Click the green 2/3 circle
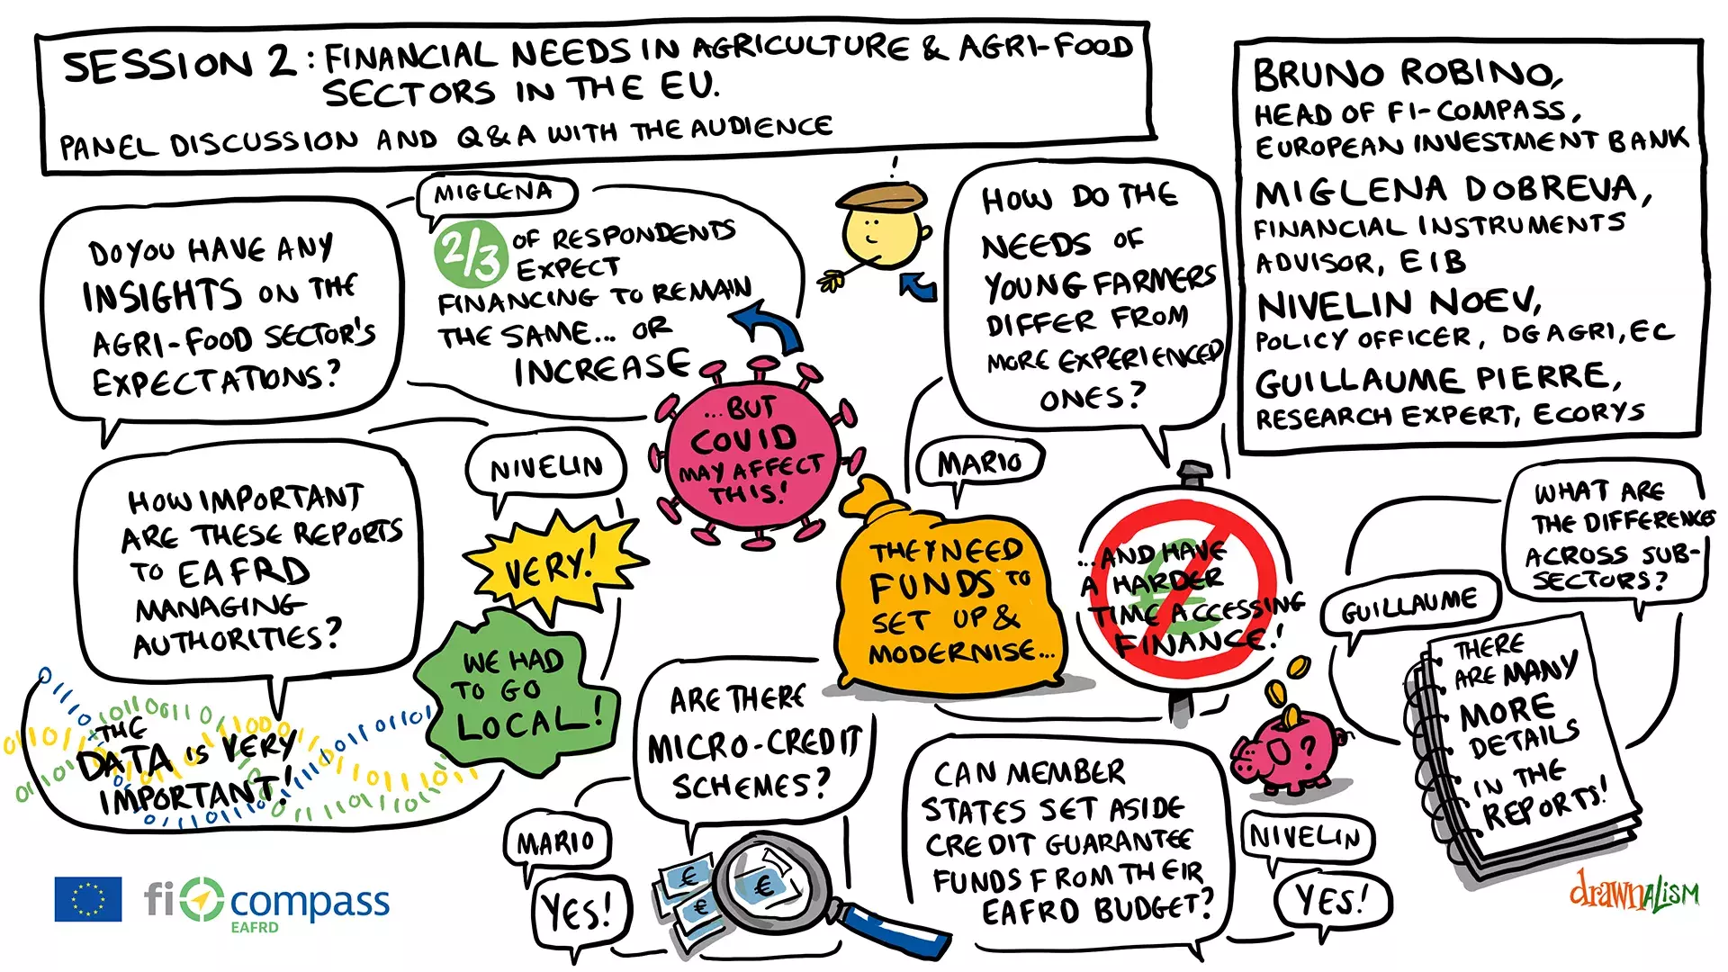click(469, 252)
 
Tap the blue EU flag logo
click(88, 899)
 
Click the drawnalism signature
click(1634, 891)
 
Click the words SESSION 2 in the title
click(178, 65)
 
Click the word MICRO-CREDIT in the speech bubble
click(754, 745)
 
